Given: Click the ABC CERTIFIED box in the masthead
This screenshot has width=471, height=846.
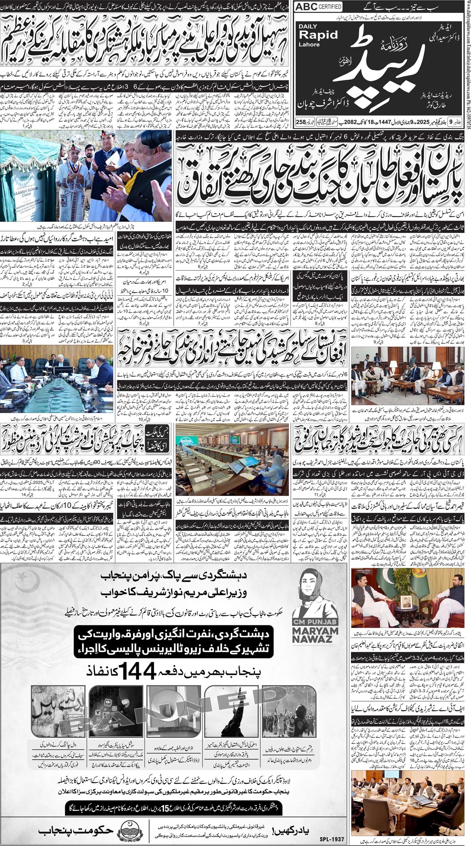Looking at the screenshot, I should click(318, 7).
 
